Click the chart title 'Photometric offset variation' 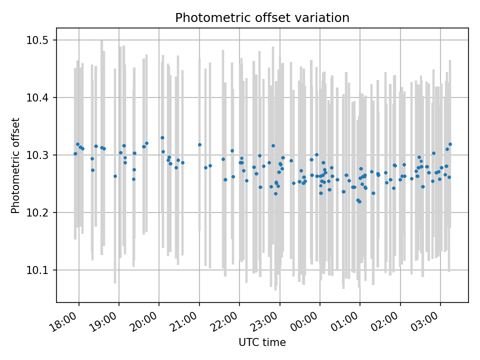(x=262, y=18)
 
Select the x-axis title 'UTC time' (x=262, y=342)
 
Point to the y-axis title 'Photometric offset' (x=15, y=165)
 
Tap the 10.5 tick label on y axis (x=40, y=40)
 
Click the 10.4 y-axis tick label (x=40, y=97)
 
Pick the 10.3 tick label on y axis (x=40, y=155)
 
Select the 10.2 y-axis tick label (x=40, y=212)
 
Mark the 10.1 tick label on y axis (x=40, y=270)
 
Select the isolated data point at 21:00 (x=199, y=144)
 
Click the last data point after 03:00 (x=450, y=144)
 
